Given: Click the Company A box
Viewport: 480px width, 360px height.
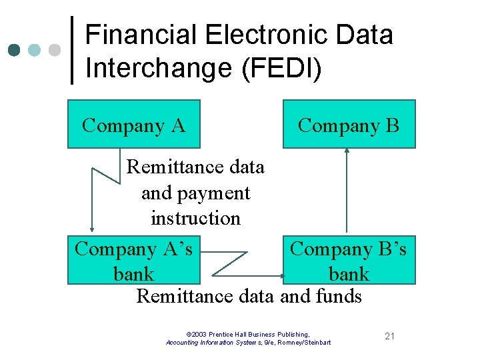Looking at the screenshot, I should tap(133, 125).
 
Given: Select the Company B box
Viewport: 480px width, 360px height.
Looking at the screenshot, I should tap(349, 125).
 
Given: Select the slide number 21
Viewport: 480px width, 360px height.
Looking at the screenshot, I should tap(390, 335).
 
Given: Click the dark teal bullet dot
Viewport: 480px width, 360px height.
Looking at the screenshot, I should tap(14, 50).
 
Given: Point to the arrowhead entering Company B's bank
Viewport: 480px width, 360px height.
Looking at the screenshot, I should tap(279, 273).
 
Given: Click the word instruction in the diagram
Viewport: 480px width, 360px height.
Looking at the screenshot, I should tap(195, 218).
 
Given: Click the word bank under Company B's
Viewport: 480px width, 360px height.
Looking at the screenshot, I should tap(349, 273).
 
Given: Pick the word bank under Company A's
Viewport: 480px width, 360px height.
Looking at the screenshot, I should tap(133, 273).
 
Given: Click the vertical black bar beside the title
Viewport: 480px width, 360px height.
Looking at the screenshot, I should tap(72, 50).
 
